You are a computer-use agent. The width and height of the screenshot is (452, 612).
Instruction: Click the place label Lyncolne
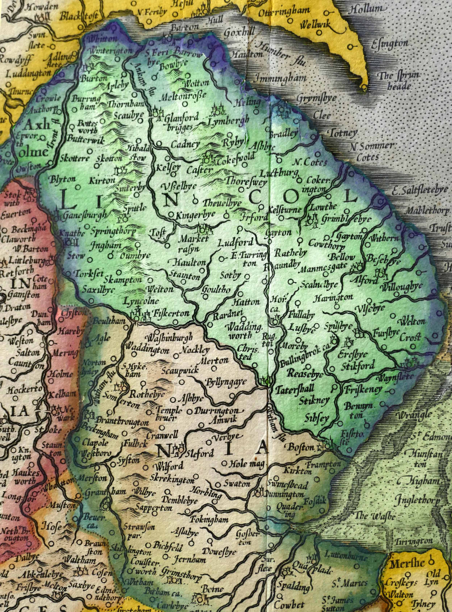[x=141, y=302]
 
